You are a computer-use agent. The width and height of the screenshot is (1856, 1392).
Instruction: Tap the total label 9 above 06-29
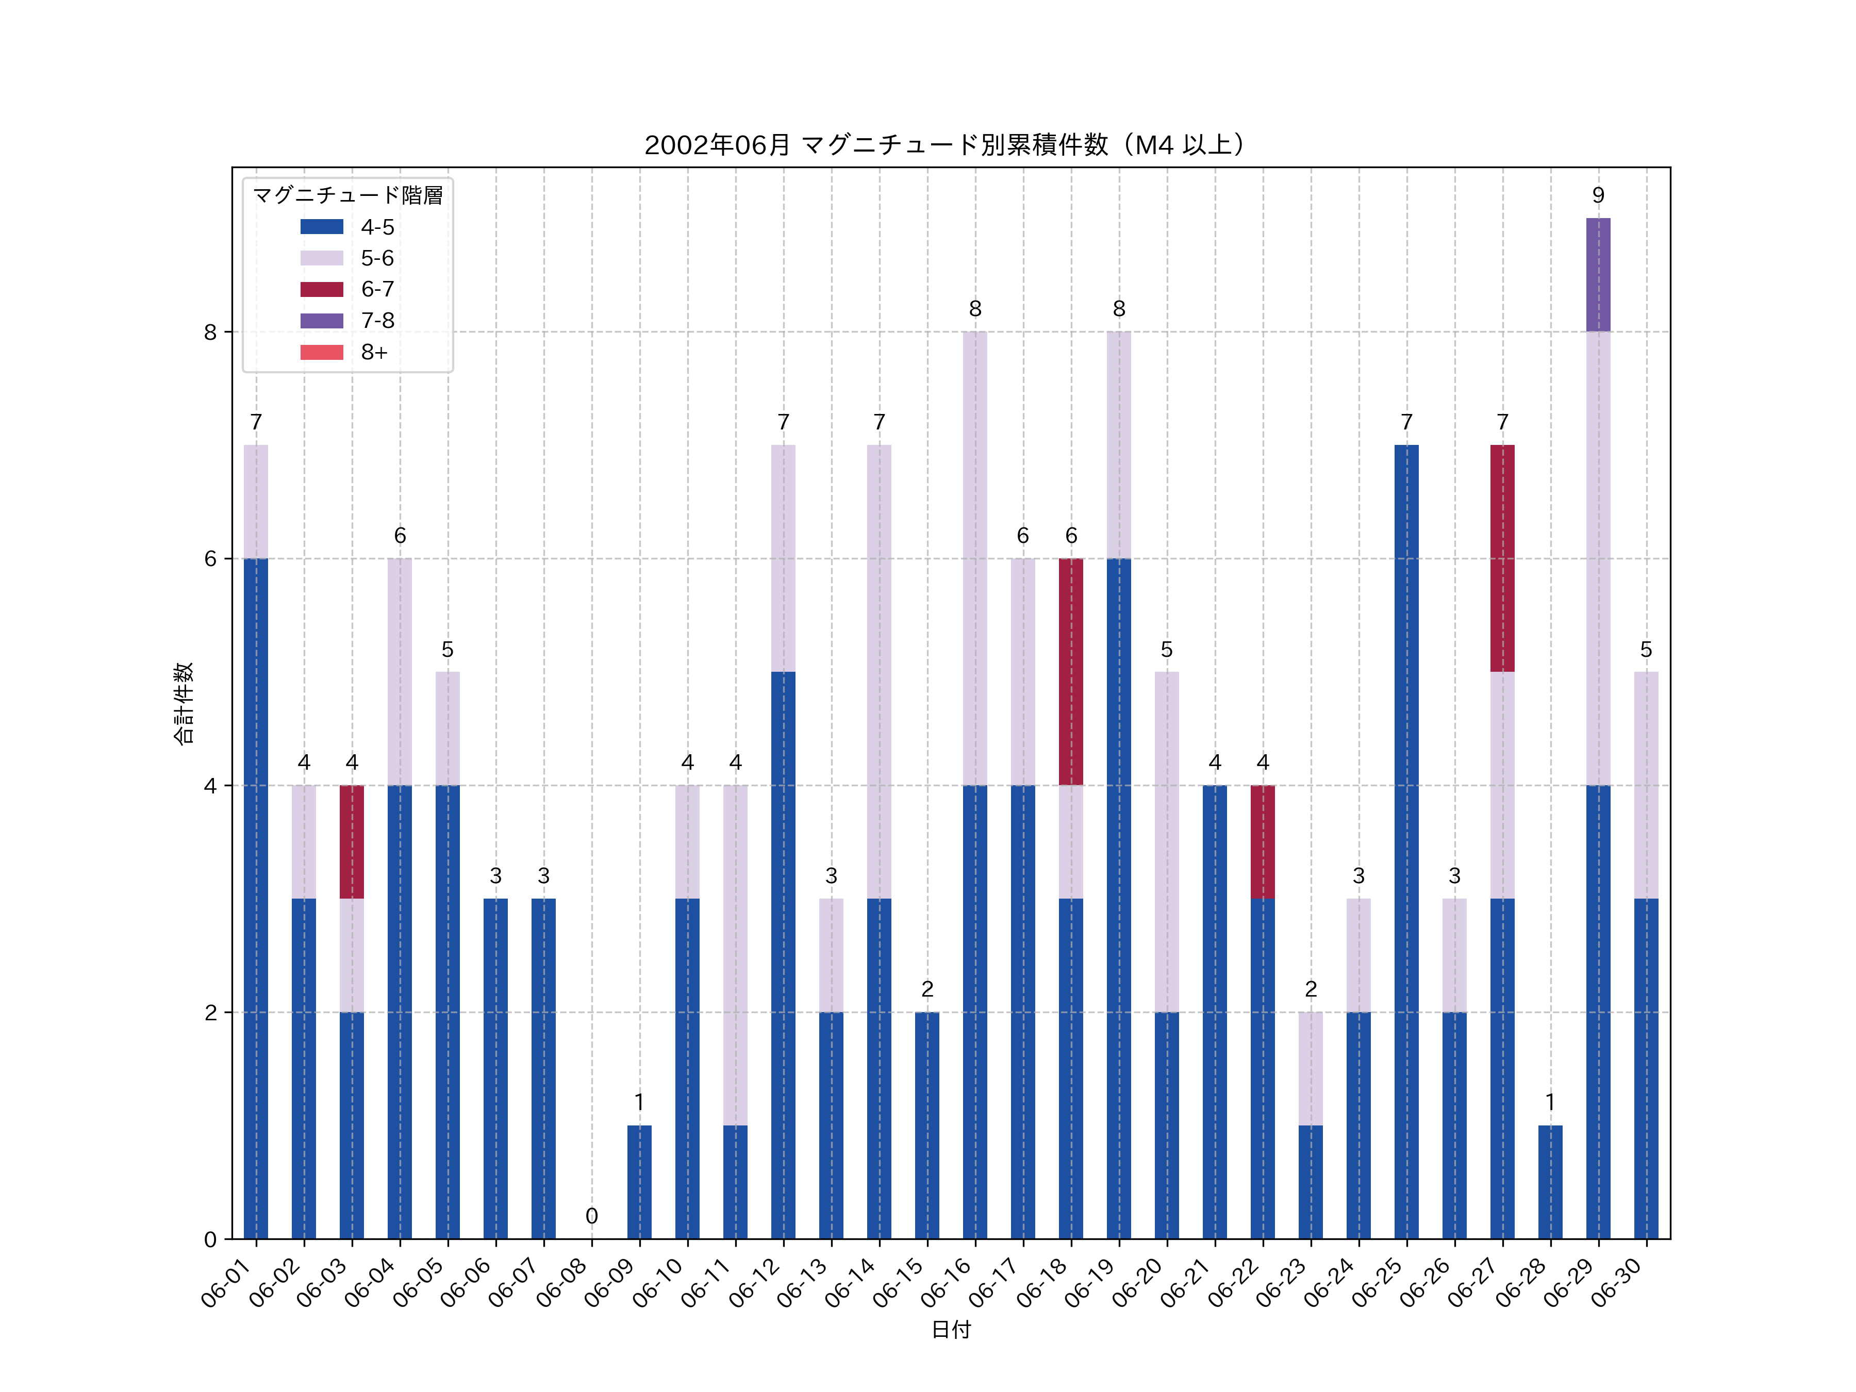1598,195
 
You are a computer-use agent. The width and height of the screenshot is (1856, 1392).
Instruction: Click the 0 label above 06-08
591,1216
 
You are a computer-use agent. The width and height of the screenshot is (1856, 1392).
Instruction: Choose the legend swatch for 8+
321,353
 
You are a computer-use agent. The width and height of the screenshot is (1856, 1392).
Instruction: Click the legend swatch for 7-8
321,321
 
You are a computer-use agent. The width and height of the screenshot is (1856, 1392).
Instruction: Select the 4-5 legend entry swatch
321,226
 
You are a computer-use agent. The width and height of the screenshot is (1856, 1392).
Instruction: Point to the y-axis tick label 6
210,559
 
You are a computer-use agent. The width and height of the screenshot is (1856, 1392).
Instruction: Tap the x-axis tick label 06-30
1618,1282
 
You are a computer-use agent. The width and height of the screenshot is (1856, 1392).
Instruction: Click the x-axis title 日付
951,1330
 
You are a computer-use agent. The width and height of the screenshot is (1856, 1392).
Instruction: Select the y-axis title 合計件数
184,703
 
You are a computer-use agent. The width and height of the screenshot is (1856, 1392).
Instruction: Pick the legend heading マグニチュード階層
347,195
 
